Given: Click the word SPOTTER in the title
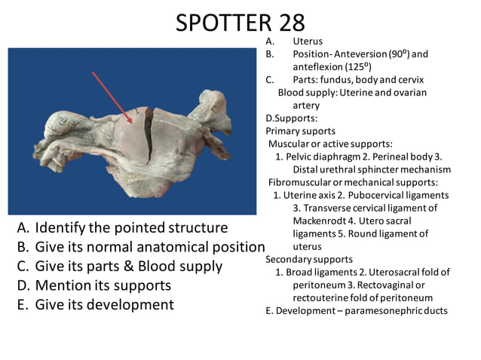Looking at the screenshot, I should (218, 23).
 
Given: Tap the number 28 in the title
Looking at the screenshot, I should (286, 23).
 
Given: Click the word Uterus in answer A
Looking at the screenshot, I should (308, 41).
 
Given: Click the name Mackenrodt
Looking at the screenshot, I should (325, 221).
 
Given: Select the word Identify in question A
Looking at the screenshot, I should (60, 227).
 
